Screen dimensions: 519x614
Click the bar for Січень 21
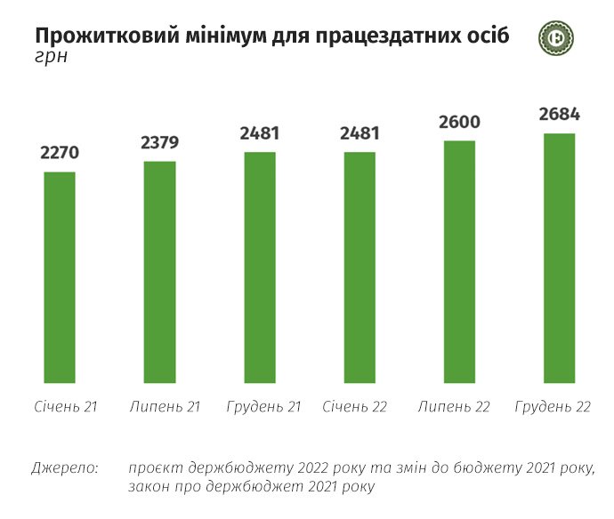60,277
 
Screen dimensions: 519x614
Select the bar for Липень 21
160,272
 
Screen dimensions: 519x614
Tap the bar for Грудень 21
260,267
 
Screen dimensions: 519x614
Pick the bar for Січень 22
360,267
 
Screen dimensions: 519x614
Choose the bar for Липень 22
459,262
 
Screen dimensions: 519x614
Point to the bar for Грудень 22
560,259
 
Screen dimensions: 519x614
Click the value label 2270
60,153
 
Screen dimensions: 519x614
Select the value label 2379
160,142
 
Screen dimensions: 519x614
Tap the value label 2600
459,122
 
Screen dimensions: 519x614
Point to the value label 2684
560,115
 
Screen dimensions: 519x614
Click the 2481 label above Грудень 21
260,134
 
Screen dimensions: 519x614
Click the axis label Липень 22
453,406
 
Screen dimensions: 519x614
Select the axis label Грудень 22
553,406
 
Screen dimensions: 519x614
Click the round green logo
556,37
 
